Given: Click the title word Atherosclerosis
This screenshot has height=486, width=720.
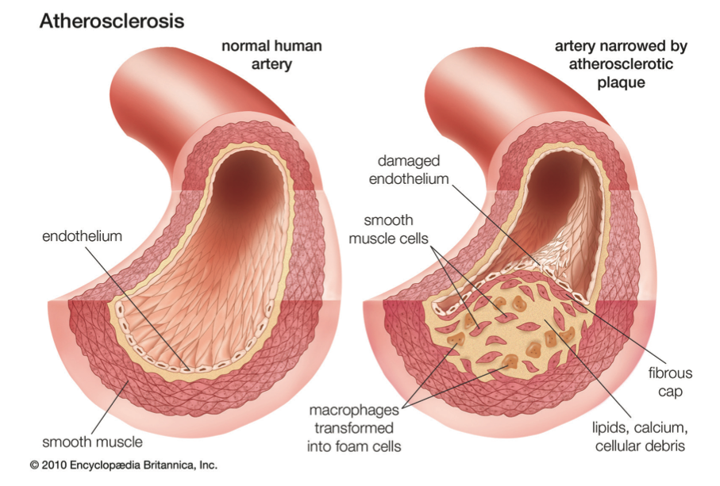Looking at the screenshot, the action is (112, 21).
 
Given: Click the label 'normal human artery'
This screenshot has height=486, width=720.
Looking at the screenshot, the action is (271, 55).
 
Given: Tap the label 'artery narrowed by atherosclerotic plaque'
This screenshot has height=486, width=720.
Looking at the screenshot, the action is (621, 64).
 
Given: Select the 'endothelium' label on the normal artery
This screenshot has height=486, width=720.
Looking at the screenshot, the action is (83, 236).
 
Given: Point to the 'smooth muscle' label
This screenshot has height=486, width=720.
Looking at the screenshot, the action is (92, 442).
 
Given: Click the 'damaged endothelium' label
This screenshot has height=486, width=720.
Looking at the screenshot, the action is (409, 170).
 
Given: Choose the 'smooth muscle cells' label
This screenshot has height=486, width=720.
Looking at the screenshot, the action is (388, 229).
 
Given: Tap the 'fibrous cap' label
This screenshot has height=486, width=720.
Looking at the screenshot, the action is (670, 382).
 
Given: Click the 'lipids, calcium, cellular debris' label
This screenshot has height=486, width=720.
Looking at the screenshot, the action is (640, 437).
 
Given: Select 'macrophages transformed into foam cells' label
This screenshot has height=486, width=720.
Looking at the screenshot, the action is (354, 428).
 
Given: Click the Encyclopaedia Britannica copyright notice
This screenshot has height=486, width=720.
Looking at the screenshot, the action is (124, 465).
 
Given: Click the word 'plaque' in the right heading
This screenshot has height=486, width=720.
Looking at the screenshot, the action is (621, 82).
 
